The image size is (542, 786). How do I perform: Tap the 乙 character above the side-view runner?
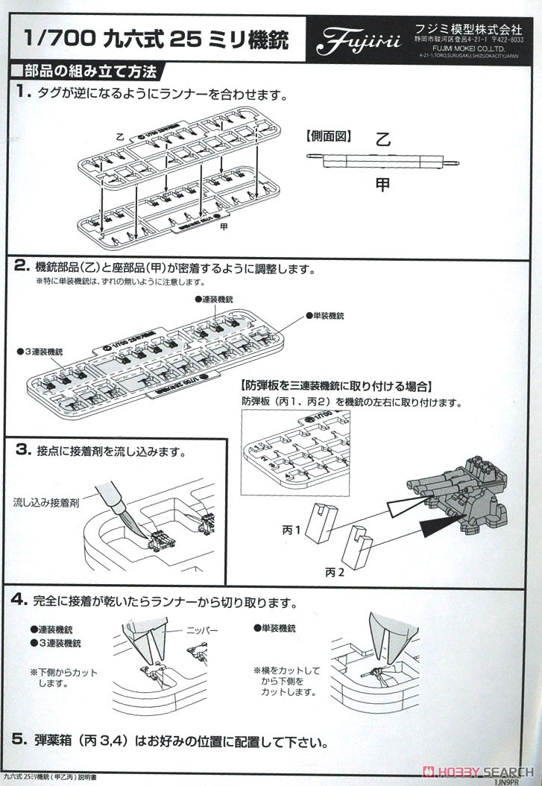tap(382, 138)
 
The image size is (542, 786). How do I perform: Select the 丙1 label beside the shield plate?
tap(292, 530)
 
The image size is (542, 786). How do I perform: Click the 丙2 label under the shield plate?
tap(335, 572)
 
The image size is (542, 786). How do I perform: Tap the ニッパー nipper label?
tap(201, 630)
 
